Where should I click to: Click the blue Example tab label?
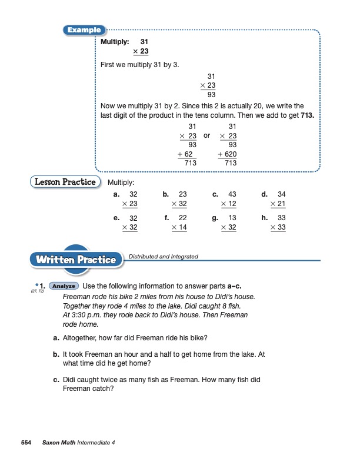click(85, 30)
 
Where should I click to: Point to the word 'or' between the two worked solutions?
click(206, 135)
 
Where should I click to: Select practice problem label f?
click(166, 218)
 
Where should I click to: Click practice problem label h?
click(265, 218)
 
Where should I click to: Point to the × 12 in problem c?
click(228, 204)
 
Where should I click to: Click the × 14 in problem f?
click(178, 227)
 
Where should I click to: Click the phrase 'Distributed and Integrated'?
click(163, 257)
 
